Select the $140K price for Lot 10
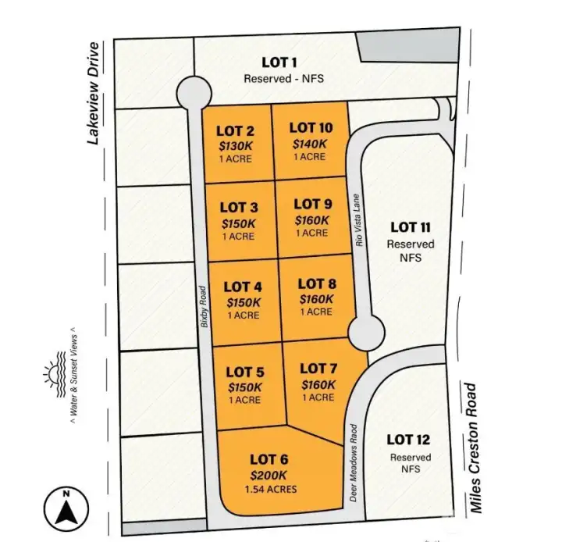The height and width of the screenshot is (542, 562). [x=309, y=143]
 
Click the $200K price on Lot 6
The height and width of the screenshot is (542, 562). [x=269, y=475]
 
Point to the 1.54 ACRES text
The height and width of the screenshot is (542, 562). [x=269, y=490]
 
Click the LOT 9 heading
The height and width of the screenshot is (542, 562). [x=313, y=205]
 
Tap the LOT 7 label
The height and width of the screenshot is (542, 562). [x=318, y=368]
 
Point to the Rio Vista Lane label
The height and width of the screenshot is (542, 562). [x=359, y=220]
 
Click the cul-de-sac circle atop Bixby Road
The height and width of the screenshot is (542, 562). [x=194, y=94]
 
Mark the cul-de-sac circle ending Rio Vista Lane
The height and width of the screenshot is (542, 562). [x=365, y=333]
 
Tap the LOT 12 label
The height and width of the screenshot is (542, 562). [x=408, y=440]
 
